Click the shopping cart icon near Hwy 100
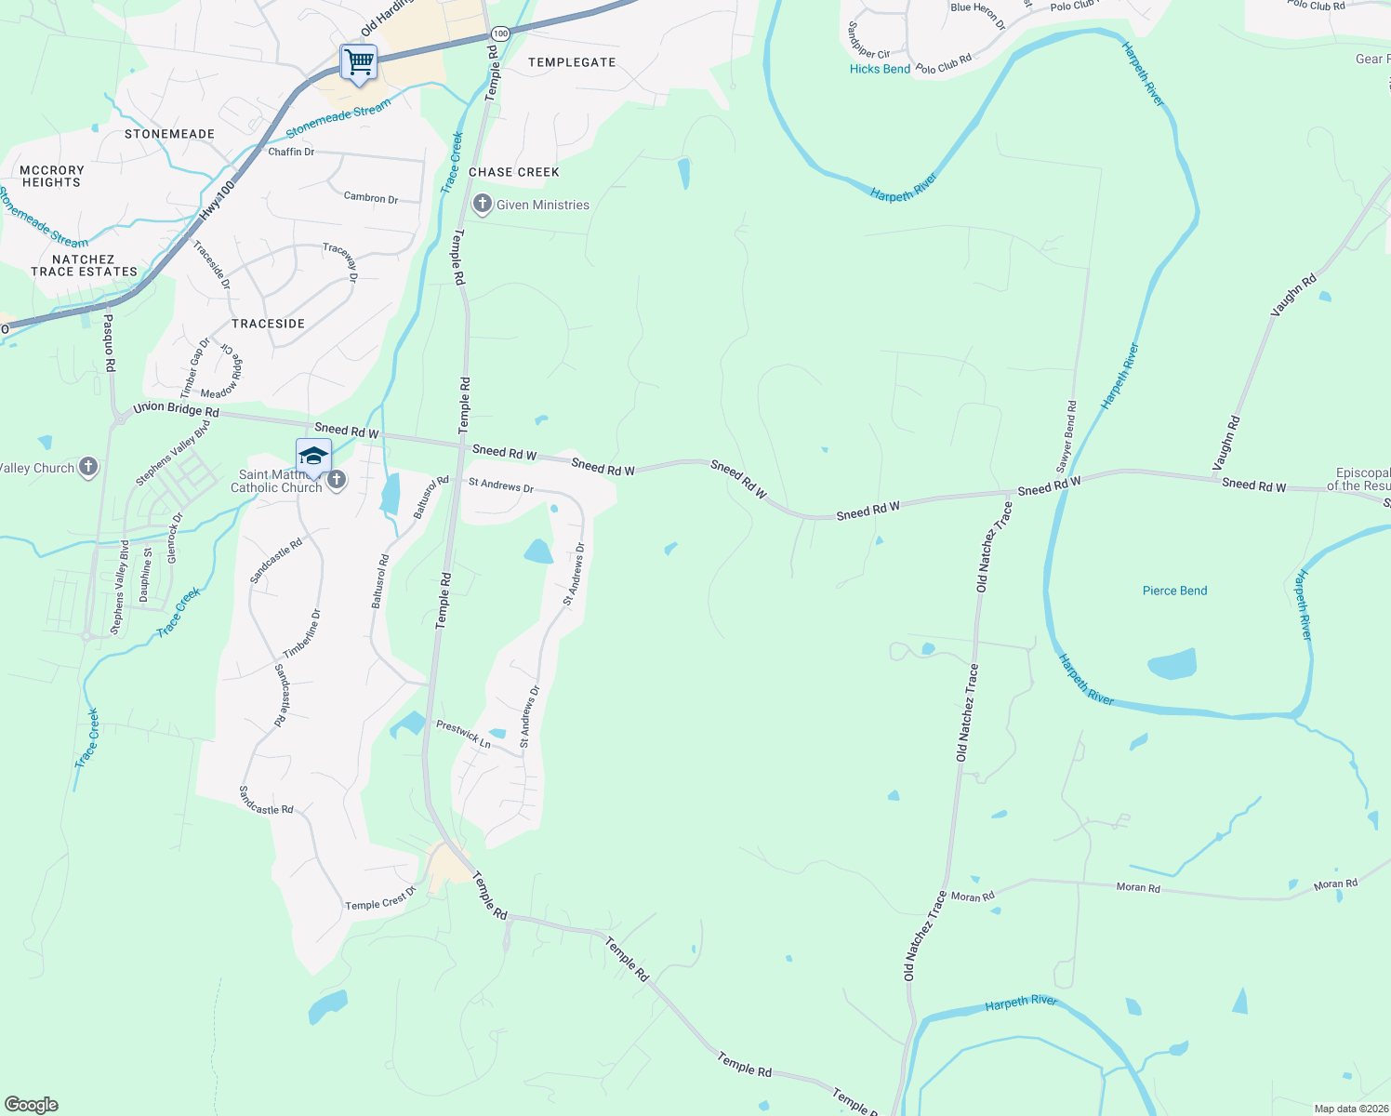(359, 63)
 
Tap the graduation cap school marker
(313, 457)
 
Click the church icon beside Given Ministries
(482, 205)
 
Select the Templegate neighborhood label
(572, 62)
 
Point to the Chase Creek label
(514, 172)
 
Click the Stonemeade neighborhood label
(169, 134)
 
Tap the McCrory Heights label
(52, 177)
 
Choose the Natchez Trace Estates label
(84, 266)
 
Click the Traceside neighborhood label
(268, 324)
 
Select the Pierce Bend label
(1174, 591)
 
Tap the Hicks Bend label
(880, 69)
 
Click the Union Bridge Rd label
(176, 409)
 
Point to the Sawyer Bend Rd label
(1066, 436)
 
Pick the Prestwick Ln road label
(463, 735)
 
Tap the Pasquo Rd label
(109, 342)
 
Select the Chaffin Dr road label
(291, 152)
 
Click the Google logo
(32, 1105)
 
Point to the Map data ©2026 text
(1350, 1109)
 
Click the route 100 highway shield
(501, 33)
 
